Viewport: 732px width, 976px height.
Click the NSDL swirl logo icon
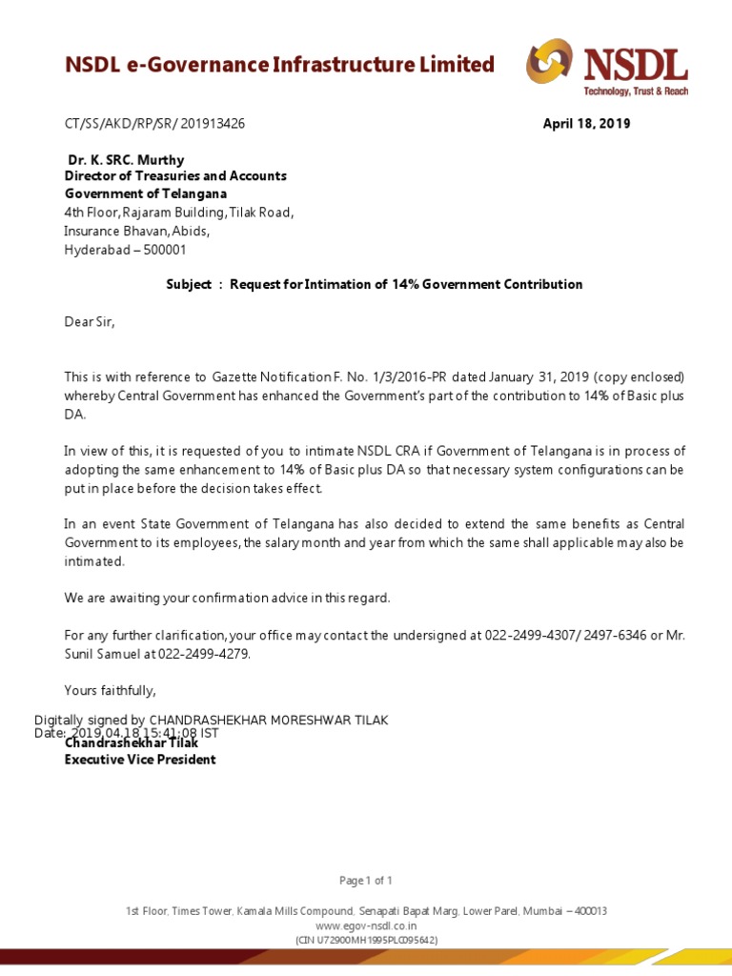pos(549,62)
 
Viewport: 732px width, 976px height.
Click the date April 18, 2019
pos(586,124)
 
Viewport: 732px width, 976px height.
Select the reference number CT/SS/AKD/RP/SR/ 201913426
pos(154,124)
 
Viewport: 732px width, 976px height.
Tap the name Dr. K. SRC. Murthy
pos(126,160)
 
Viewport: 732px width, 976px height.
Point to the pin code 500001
pos(163,250)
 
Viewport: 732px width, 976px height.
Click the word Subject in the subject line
pos(189,285)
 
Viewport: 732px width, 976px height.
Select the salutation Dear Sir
pos(89,322)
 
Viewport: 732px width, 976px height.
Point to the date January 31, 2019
pos(529,376)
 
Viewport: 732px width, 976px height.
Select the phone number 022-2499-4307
pos(518,636)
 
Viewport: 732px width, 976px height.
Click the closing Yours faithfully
pos(110,690)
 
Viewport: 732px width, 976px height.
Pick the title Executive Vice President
pos(140,760)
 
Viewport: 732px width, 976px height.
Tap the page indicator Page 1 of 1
pos(365,880)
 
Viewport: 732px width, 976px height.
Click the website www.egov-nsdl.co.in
pos(365,925)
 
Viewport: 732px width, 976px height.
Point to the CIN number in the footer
pos(365,940)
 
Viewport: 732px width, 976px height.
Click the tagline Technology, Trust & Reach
pos(636,91)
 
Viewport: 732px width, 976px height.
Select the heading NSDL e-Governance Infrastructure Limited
pos(279,65)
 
